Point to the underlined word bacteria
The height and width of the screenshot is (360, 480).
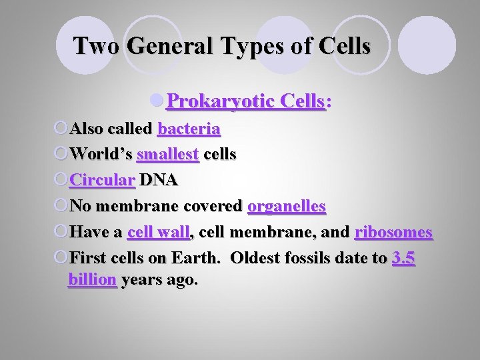click(189, 128)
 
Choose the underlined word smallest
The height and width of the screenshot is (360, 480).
click(167, 154)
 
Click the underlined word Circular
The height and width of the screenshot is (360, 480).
click(103, 180)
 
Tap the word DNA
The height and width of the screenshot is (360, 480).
click(159, 180)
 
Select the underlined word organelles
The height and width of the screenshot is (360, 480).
click(287, 206)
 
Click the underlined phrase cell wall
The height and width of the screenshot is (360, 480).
click(158, 232)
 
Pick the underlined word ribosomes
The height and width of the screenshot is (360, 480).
click(393, 232)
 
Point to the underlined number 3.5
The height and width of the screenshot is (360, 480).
click(404, 258)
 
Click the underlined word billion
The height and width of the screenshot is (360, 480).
click(92, 279)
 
